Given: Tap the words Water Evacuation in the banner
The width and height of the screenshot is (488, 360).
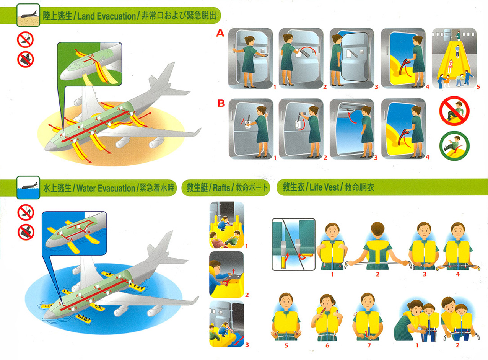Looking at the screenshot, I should click(x=106, y=188).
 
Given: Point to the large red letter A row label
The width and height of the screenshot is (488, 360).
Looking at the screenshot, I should click(x=220, y=34).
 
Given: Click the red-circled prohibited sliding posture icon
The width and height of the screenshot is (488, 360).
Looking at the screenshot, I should click(x=454, y=111).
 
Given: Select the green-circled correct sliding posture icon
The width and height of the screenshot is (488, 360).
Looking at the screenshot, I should click(x=454, y=146).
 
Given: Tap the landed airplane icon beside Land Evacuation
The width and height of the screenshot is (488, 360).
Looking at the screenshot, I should click(x=28, y=15).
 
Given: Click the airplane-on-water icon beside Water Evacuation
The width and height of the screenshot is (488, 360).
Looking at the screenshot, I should click(x=28, y=187).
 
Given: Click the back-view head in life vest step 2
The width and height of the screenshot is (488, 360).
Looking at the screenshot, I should click(x=377, y=231).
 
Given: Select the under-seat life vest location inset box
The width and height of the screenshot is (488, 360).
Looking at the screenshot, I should click(x=293, y=244).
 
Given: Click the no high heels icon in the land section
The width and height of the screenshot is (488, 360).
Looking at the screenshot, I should click(x=25, y=39).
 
